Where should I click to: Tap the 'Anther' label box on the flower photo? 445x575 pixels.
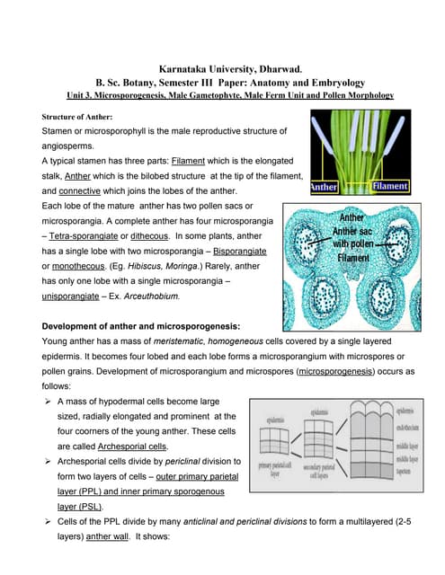click(325, 187)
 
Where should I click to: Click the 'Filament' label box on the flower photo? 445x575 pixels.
click(390, 187)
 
